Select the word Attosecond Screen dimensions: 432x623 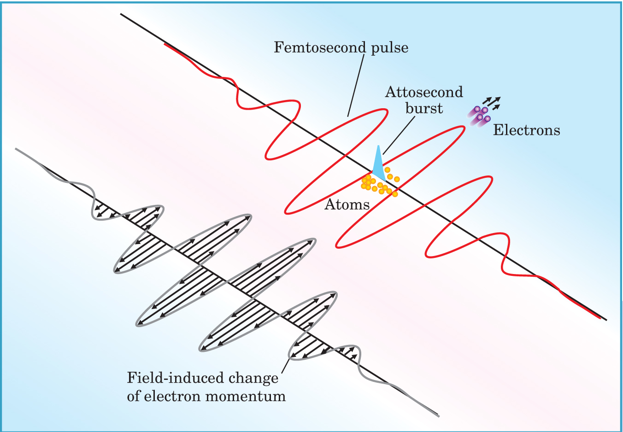point(424,92)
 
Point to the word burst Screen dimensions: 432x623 point(424,108)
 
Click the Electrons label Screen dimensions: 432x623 point(526,130)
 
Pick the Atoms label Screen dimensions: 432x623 point(347,204)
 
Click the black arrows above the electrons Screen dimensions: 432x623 point(492,103)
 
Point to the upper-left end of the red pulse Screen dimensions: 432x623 point(165,44)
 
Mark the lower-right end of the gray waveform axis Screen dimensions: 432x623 point(438,415)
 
